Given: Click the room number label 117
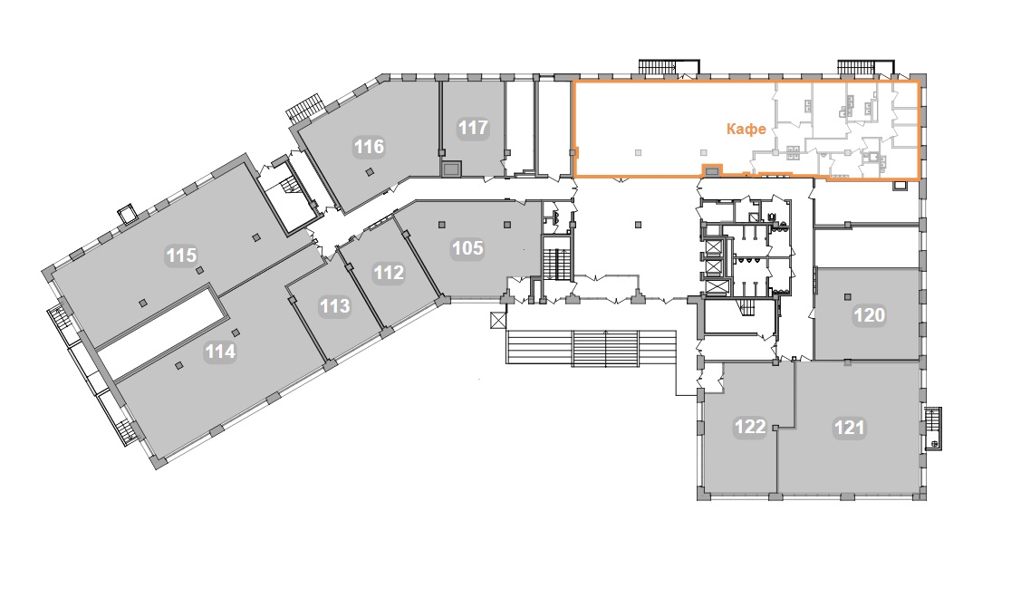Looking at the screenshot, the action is [x=473, y=127].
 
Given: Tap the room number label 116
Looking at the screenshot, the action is [x=370, y=147].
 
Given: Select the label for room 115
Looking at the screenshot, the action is [x=181, y=255].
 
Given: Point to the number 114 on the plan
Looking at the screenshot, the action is [x=220, y=352].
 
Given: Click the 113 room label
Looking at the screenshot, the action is [x=334, y=305].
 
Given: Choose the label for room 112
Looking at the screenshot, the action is [x=389, y=273].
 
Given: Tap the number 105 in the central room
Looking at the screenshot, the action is [x=467, y=248].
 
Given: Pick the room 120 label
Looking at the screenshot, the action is [x=870, y=315].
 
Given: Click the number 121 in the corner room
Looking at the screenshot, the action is [x=849, y=428].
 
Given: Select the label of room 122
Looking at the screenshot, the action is [x=749, y=427].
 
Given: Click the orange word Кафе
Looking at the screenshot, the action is [x=746, y=129].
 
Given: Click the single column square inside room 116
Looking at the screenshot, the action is [x=370, y=172].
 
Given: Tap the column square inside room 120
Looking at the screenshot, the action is [x=847, y=297].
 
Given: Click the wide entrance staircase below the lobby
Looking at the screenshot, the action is [x=592, y=348].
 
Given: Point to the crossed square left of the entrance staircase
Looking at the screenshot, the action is [x=498, y=320].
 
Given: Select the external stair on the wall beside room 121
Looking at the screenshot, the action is [x=933, y=429].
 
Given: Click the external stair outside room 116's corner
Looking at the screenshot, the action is [x=304, y=108].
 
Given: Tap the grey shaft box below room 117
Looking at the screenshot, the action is [x=450, y=169].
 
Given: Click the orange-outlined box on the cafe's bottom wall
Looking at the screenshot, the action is [x=712, y=170].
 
